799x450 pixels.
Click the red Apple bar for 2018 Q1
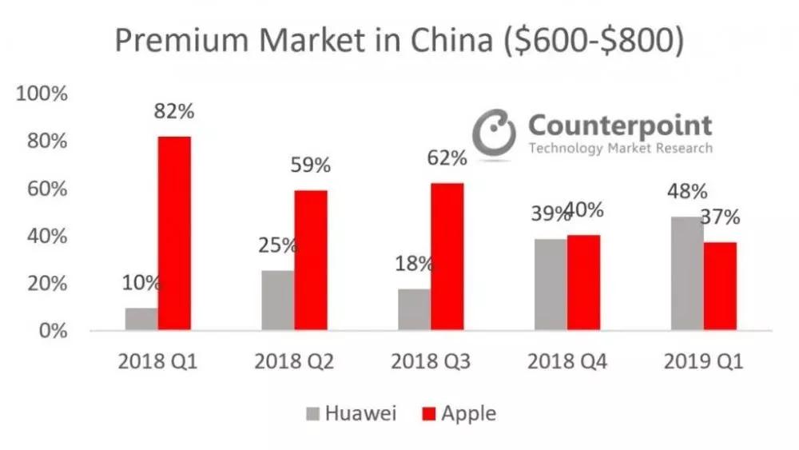coord(174,233)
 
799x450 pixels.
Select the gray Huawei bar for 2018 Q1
coord(141,319)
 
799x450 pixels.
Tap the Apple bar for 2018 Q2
coord(311,260)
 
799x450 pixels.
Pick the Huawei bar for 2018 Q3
coord(415,309)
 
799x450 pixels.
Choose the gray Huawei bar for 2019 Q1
coord(687,273)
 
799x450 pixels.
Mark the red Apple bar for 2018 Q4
coord(583,282)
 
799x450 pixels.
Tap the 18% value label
coord(413,264)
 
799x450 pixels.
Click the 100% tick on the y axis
coord(42,94)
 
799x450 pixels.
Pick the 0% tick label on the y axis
coord(53,331)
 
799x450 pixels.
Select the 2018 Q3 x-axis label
coord(431,362)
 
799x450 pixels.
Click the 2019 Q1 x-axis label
coord(703,362)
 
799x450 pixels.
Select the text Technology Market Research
coord(620,149)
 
